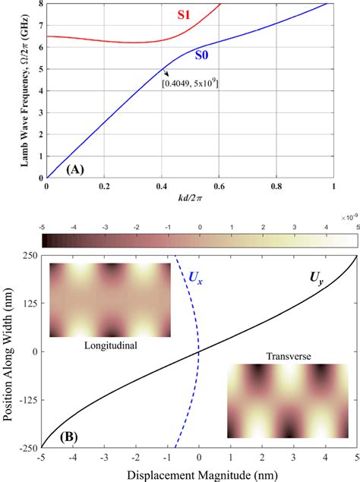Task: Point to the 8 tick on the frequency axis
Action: (x=40, y=4)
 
